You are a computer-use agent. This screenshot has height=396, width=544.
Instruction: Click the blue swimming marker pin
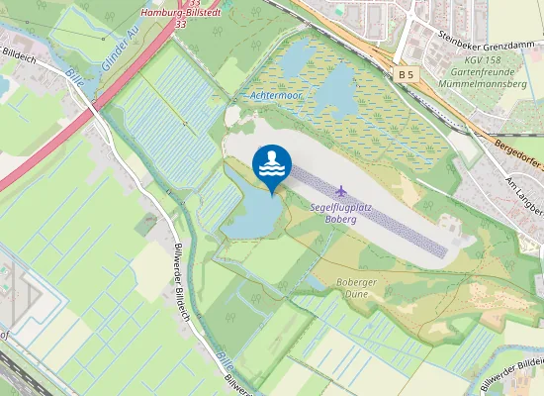(271, 164)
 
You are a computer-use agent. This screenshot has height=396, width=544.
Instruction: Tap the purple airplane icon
(342, 189)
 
